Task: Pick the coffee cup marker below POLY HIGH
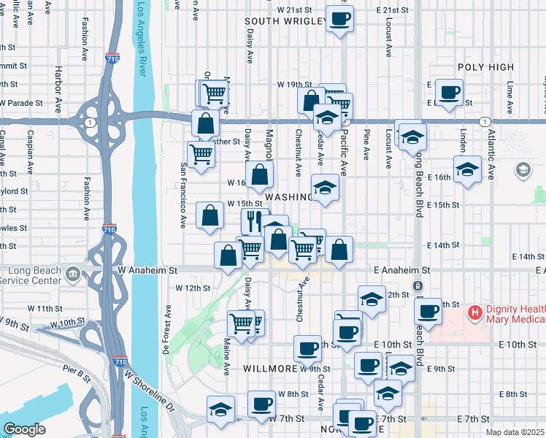pyautogui.click(x=449, y=91)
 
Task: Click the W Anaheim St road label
pyautogui.click(x=147, y=270)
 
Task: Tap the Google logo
pyautogui.click(x=25, y=429)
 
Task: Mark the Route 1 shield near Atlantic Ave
pyautogui.click(x=484, y=120)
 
